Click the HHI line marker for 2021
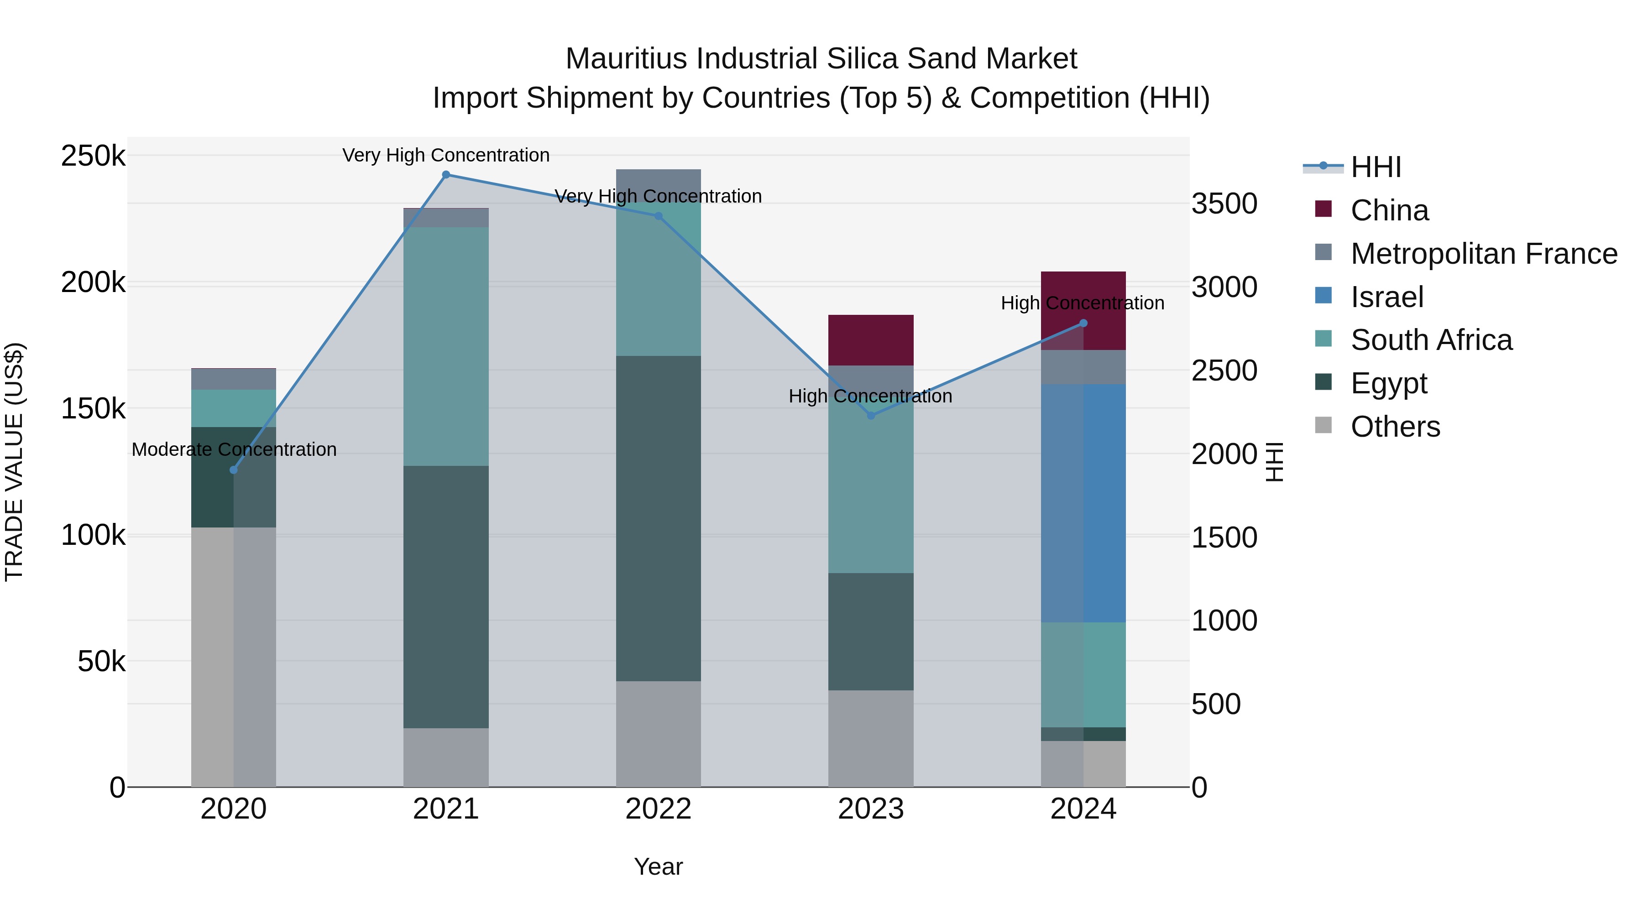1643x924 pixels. tap(446, 175)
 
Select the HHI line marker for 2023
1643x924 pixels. tap(871, 415)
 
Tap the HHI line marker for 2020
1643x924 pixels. tap(233, 470)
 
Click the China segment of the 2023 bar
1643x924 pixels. tap(871, 340)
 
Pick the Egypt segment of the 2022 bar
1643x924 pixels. tap(658, 518)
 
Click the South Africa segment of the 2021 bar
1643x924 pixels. tap(446, 346)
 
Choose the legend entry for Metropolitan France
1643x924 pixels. tap(1484, 254)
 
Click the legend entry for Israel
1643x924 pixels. tap(1387, 297)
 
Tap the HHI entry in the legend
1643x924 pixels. tap(1376, 167)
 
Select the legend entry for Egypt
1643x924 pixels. tap(1388, 383)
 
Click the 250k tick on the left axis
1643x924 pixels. tap(93, 156)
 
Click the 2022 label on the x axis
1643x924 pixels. tap(658, 809)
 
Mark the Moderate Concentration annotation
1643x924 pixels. tap(234, 449)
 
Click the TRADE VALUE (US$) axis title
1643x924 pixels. tap(15, 462)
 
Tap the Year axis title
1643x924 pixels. tap(658, 867)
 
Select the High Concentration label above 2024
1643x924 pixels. tap(1083, 303)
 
